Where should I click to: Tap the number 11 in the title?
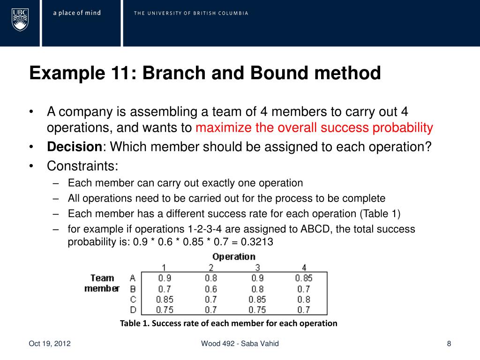(x=121, y=73)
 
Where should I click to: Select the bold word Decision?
(x=75, y=147)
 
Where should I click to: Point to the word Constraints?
(x=82, y=165)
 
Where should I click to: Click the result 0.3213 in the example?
(x=257, y=242)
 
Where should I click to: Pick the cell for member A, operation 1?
(x=165, y=278)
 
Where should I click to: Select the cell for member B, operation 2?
(x=211, y=289)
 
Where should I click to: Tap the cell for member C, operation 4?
(x=303, y=299)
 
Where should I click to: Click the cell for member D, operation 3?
(x=257, y=309)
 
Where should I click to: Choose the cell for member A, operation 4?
(x=303, y=278)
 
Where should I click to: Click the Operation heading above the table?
(x=233, y=256)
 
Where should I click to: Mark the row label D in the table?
(x=132, y=309)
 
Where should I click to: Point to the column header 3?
(x=257, y=267)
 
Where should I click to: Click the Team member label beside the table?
(x=102, y=283)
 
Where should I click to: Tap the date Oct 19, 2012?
(x=50, y=344)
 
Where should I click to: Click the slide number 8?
(x=449, y=344)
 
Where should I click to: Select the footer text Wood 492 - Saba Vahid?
(x=240, y=344)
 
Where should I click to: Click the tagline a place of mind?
(x=77, y=13)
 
